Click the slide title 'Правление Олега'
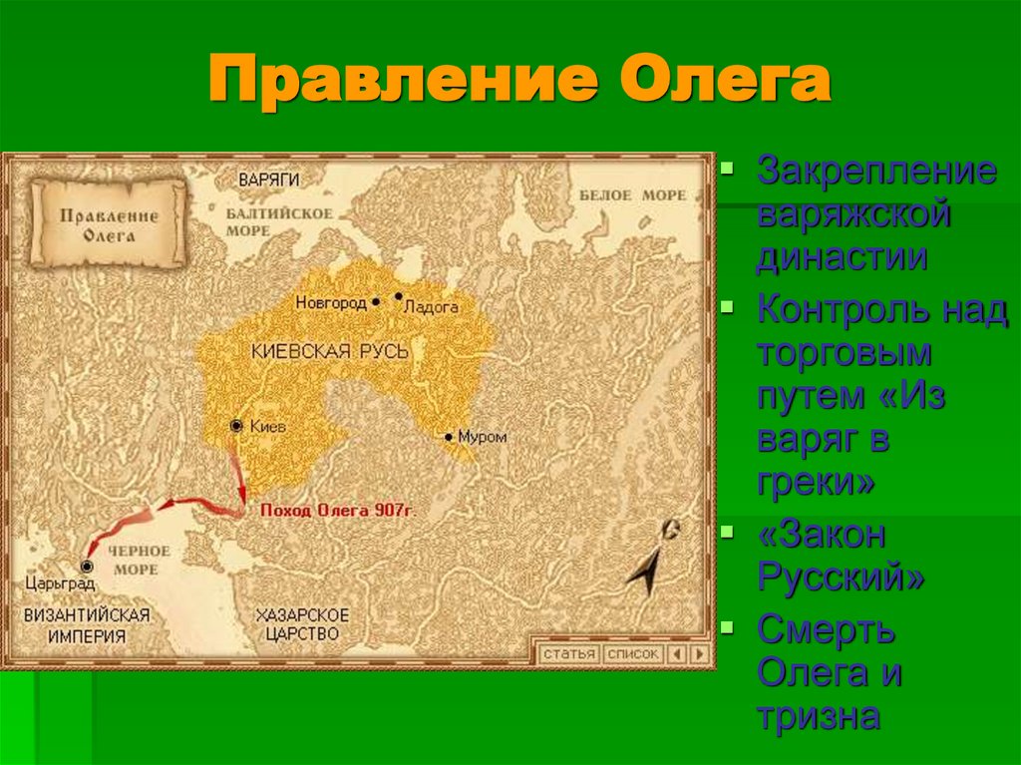pos(518,82)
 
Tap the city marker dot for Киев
pos(236,426)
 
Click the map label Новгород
pos(330,303)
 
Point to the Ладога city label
pos(431,308)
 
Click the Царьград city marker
pos(88,566)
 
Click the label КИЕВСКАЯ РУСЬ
pos(317,352)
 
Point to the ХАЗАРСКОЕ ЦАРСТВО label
pos(301,623)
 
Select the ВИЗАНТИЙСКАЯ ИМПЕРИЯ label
pos(89,625)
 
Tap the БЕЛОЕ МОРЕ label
pos(632,195)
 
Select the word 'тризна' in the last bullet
pos(818,717)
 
